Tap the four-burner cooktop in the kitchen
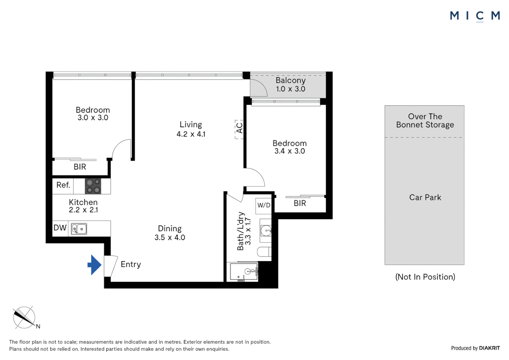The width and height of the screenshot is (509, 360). [x=93, y=186]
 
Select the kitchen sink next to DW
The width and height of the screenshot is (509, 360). [x=79, y=229]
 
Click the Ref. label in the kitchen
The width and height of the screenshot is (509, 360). [x=63, y=185]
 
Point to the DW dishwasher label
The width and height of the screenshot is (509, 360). [x=60, y=228]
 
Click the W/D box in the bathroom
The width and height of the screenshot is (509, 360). [x=263, y=206]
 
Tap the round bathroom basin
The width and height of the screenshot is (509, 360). [x=266, y=231]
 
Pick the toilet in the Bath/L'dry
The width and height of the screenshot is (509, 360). [x=264, y=252]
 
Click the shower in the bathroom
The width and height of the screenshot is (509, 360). [x=244, y=271]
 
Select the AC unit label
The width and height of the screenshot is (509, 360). [x=240, y=128]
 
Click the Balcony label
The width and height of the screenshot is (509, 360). [x=290, y=80]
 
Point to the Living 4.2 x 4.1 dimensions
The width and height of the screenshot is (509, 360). [x=191, y=134]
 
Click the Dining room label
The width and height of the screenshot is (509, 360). [x=170, y=228]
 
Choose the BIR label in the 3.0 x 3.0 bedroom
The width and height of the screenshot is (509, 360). [x=80, y=167]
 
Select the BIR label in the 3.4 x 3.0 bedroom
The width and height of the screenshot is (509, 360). [x=300, y=203]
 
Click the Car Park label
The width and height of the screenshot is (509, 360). [x=425, y=197]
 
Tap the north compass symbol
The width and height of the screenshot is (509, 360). [x=24, y=318]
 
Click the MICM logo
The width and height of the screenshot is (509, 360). [x=475, y=16]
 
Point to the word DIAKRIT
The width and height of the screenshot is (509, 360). [x=489, y=348]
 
